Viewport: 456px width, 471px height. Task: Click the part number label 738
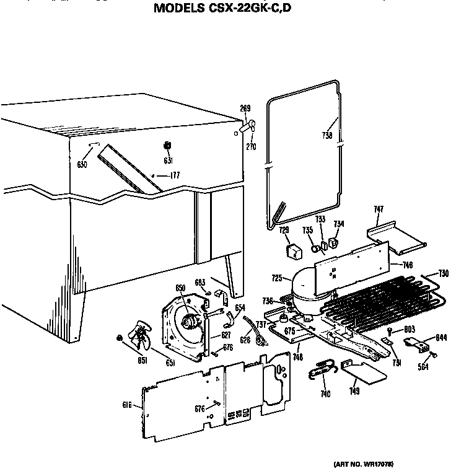(327, 136)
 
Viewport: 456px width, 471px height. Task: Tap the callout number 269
(245, 108)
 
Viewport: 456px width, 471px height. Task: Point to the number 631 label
(167, 161)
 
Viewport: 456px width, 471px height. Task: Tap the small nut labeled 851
(118, 337)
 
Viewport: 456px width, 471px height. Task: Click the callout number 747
(379, 210)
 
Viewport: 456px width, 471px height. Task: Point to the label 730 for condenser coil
(443, 273)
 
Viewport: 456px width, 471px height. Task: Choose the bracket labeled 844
(418, 342)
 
